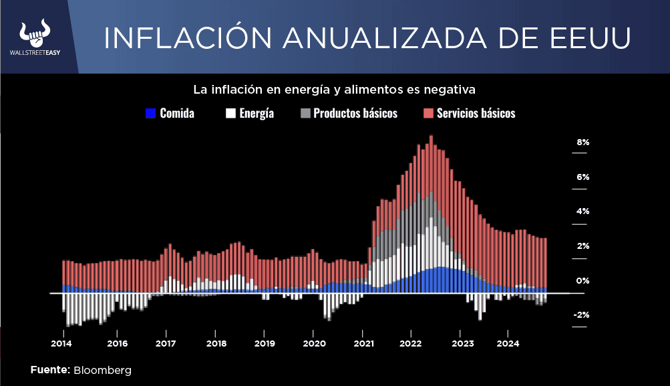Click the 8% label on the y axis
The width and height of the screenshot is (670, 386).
point(583,142)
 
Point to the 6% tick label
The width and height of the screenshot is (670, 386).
point(583,177)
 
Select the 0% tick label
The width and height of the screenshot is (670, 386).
point(583,280)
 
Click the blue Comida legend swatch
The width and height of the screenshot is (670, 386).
point(150,113)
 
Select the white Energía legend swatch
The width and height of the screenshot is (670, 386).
point(230,113)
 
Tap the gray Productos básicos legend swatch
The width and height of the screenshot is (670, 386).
point(305,113)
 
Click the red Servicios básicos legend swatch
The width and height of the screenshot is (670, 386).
point(428,113)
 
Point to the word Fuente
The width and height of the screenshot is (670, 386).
point(50,370)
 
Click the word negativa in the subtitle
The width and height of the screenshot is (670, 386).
point(451,89)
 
